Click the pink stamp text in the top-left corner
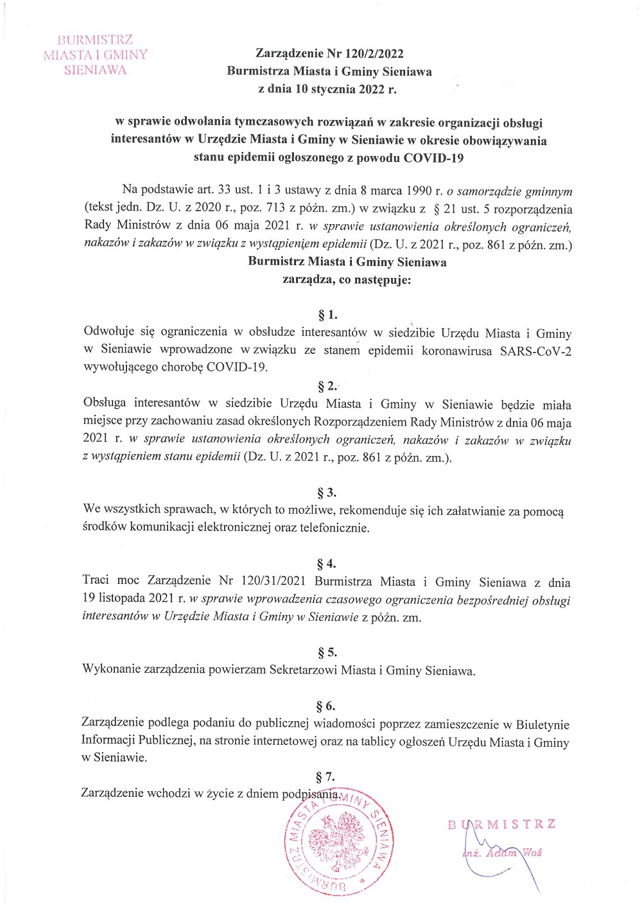point(95,55)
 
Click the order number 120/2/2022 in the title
point(374,54)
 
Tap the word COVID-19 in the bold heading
point(433,158)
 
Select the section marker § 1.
point(327,315)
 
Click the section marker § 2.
point(327,386)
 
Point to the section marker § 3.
point(327,493)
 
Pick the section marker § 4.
point(326,564)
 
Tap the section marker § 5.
point(327,652)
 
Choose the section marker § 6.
point(326,706)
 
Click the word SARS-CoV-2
point(535,351)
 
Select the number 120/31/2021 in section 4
point(273,581)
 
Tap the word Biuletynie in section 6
point(542,724)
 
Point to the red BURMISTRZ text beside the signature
point(502,825)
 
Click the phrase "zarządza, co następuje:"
point(347,280)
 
